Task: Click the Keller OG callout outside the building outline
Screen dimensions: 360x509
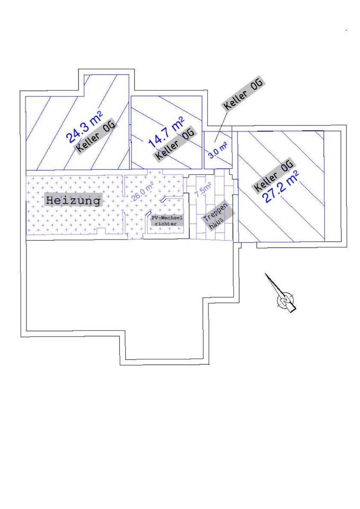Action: [x=243, y=95]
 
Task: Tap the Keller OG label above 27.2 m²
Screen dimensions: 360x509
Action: [x=274, y=175]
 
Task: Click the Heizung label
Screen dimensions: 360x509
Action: [x=73, y=201]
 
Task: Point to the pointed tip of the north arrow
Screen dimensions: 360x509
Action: [x=267, y=275]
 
